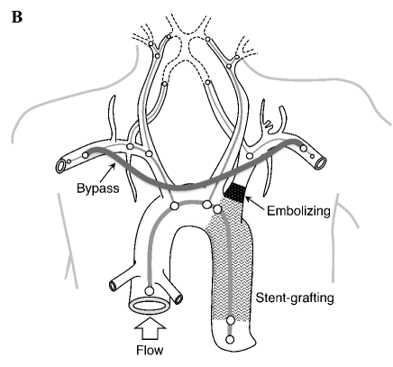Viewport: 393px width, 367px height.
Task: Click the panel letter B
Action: [15, 16]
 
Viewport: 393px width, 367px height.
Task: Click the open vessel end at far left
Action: [62, 167]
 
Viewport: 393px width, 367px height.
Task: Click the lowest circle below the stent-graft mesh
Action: [231, 339]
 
